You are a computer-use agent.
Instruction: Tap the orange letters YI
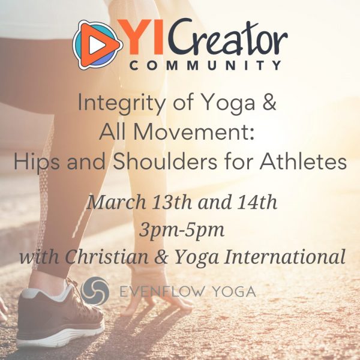[140, 37]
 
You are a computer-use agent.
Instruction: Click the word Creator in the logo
[227, 36]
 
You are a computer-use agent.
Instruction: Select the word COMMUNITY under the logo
[205, 65]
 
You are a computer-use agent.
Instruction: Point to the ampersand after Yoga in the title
[269, 103]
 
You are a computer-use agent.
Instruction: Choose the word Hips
[37, 161]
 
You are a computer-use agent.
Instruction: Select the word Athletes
[303, 161]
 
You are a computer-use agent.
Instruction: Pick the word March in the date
[116, 202]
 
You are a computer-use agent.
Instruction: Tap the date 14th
[257, 202]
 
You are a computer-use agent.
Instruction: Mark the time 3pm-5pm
[182, 230]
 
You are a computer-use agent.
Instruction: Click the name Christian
[107, 256]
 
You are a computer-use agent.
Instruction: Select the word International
[284, 256]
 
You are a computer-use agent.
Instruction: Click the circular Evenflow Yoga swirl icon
[95, 291]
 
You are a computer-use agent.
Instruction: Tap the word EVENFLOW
[162, 292]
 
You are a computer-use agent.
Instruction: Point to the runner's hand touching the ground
[158, 294]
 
